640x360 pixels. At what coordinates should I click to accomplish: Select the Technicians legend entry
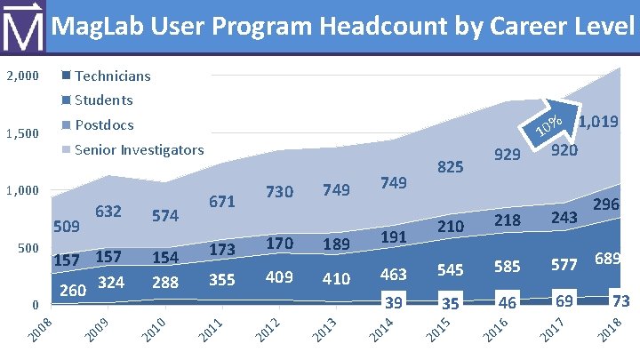pos(113,76)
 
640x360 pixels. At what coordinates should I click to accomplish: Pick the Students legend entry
pos(104,100)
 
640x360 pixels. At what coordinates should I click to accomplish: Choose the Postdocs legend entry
pos(105,124)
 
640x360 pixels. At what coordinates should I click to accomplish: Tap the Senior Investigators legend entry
pos(140,149)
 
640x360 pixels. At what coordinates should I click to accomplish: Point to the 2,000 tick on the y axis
pos(21,76)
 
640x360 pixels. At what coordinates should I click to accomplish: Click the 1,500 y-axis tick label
pos(21,134)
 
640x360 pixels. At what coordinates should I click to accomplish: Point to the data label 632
pos(108,212)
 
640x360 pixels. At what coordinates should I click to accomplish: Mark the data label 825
pos(450,166)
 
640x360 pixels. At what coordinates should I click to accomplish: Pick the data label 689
pos(607,259)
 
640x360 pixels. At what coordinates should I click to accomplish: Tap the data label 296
pos(606,204)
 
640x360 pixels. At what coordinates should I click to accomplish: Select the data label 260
pos(73,291)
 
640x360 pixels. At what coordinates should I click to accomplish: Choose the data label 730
pos(279,193)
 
